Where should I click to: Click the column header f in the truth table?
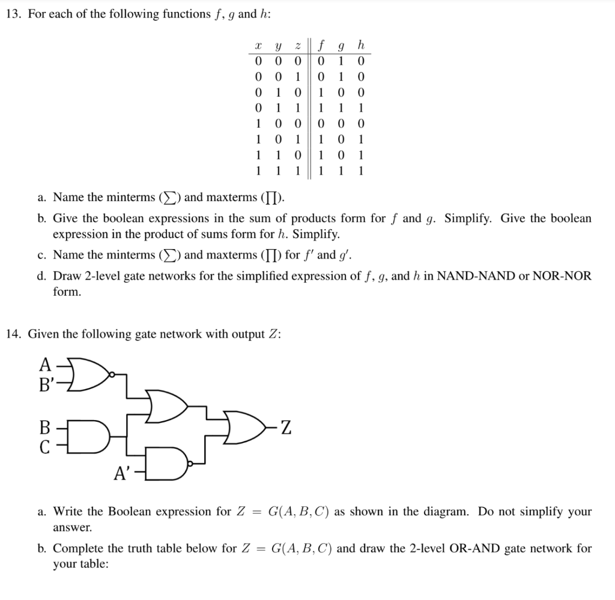(322, 45)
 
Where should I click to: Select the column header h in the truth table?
(360, 45)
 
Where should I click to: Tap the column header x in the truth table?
(258, 46)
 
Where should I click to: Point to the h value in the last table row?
(360, 170)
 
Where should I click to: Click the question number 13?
(14, 14)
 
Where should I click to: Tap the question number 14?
(14, 334)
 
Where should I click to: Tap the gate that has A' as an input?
(170, 463)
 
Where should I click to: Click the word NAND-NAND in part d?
(473, 276)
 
